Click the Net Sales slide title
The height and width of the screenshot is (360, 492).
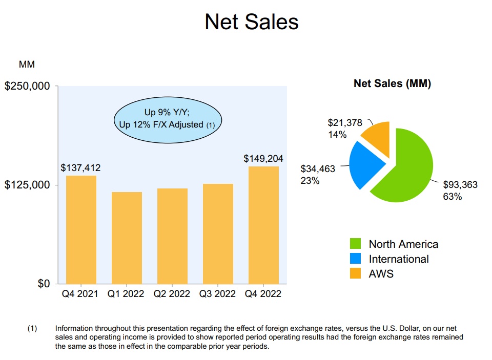[251, 22]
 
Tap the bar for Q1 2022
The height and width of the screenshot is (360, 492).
[127, 238]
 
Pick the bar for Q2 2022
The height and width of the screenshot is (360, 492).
[172, 236]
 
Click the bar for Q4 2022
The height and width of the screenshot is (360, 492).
[263, 225]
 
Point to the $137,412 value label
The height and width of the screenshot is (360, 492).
[81, 167]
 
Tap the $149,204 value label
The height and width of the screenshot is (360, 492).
[263, 159]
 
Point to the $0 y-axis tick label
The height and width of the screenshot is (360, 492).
[44, 284]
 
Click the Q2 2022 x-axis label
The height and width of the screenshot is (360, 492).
[172, 294]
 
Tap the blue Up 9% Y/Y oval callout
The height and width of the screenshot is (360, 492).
[168, 118]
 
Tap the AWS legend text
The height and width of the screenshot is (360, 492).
[381, 273]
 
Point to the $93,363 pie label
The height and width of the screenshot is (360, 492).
[460, 185]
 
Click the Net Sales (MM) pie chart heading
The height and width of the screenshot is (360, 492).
[392, 84]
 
